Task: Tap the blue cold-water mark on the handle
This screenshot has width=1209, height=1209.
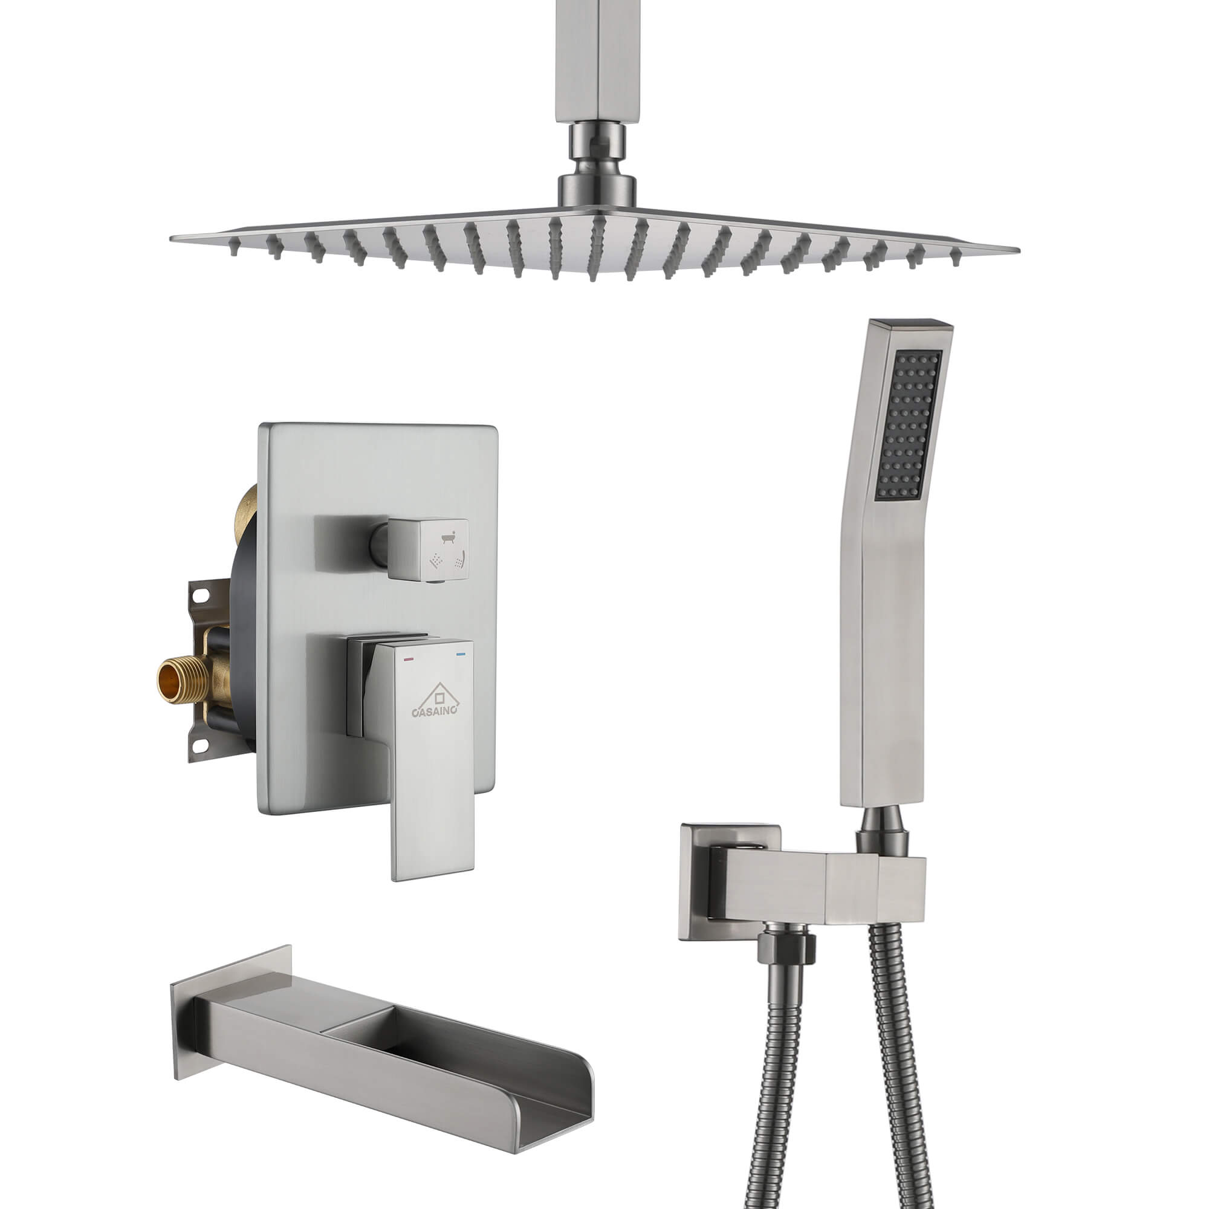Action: [x=462, y=655]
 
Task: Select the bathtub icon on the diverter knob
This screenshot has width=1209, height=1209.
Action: [x=447, y=537]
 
